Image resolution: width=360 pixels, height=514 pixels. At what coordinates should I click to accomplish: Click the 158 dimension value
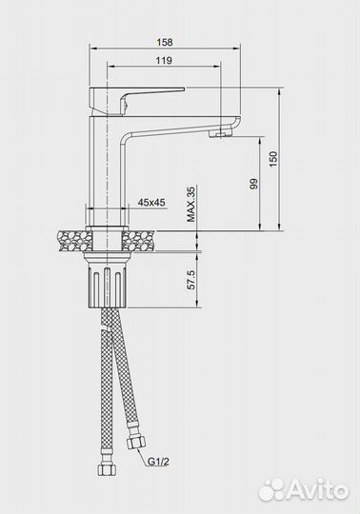pyautogui.click(x=164, y=42)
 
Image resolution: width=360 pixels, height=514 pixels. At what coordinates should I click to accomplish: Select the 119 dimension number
pyautogui.click(x=164, y=60)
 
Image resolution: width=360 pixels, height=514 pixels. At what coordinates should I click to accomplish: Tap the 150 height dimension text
pyautogui.click(x=272, y=159)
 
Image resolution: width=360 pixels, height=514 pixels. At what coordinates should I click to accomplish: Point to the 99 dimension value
pyautogui.click(x=253, y=184)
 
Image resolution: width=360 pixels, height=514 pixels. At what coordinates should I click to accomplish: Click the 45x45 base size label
pyautogui.click(x=151, y=202)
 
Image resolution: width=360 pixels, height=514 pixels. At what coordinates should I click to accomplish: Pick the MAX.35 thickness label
pyautogui.click(x=190, y=204)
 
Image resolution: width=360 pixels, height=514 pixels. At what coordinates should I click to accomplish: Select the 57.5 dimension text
pyautogui.click(x=190, y=280)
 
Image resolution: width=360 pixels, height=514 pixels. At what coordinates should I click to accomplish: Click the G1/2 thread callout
pyautogui.click(x=158, y=462)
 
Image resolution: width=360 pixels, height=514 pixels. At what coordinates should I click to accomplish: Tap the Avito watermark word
pyautogui.click(x=319, y=491)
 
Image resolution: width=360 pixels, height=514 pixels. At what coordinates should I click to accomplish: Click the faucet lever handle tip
pyautogui.click(x=184, y=89)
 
